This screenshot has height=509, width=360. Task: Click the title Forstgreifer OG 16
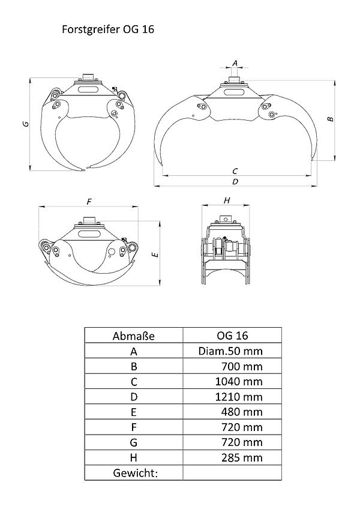tap(108, 29)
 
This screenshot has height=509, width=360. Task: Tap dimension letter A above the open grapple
tap(235, 63)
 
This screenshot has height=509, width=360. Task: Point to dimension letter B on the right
tap(330, 119)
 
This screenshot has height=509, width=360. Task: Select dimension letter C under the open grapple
tap(235, 170)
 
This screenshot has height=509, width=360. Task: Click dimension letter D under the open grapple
tap(235, 181)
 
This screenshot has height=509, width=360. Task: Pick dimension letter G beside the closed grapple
tap(26, 124)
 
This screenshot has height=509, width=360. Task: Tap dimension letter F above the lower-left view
tap(89, 202)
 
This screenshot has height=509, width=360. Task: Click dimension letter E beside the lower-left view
tap(156, 254)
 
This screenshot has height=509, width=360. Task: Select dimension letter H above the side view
tap(227, 200)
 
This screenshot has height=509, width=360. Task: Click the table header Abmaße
tap(133, 336)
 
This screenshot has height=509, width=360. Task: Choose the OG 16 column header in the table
tap(232, 336)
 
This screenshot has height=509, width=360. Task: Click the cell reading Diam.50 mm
tap(230, 351)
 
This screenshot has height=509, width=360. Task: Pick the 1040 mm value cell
tap(239, 381)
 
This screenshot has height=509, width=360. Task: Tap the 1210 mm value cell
tap(239, 397)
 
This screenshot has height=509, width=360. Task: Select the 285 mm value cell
tap(242, 458)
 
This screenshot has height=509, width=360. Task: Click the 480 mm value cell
tap(242, 412)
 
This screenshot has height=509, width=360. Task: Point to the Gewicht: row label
tap(135, 473)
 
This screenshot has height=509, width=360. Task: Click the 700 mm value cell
tap(242, 367)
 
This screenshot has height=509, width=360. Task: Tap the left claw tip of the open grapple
tap(161, 166)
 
